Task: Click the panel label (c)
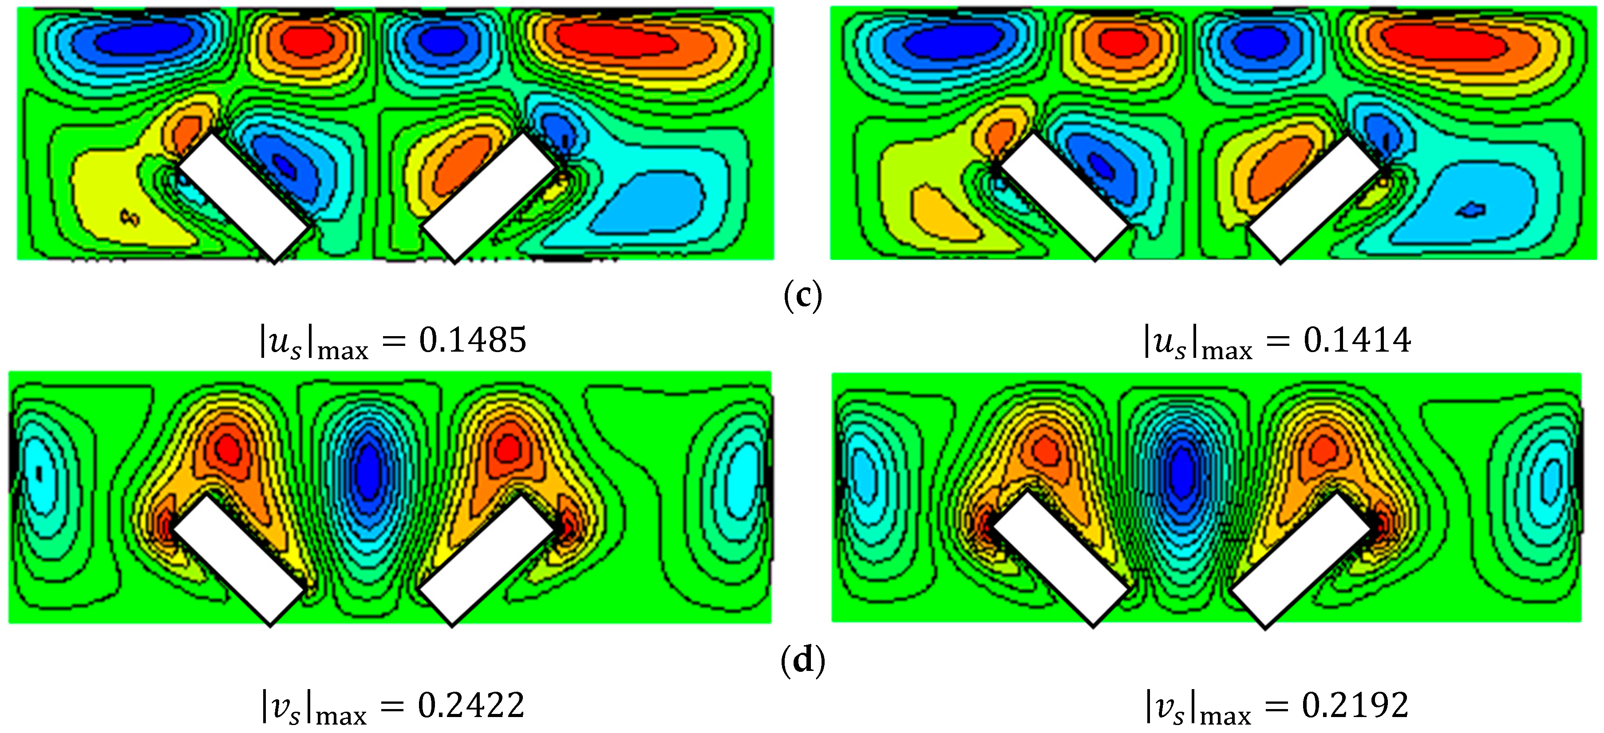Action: pos(802,296)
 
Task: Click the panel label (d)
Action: pos(802,660)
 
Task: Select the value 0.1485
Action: pos(473,341)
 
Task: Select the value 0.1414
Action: pos(1357,341)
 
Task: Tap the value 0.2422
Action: pos(471,706)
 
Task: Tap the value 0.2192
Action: pos(1355,706)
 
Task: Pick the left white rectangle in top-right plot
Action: pos(1064,196)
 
